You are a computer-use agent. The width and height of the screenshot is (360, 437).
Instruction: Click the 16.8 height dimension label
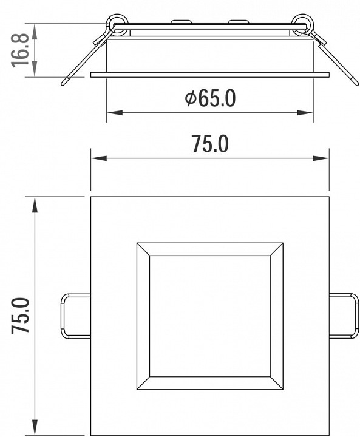(x=20, y=50)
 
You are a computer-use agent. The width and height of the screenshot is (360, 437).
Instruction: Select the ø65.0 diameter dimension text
(x=210, y=98)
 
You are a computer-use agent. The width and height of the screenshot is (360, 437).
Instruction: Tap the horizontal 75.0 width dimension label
(x=211, y=143)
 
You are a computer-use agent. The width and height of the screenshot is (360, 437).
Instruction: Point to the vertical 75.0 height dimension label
(x=20, y=315)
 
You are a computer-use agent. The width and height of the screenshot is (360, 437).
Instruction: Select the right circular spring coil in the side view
(x=302, y=24)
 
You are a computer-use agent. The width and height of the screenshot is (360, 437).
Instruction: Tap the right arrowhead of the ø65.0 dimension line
(x=305, y=113)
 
